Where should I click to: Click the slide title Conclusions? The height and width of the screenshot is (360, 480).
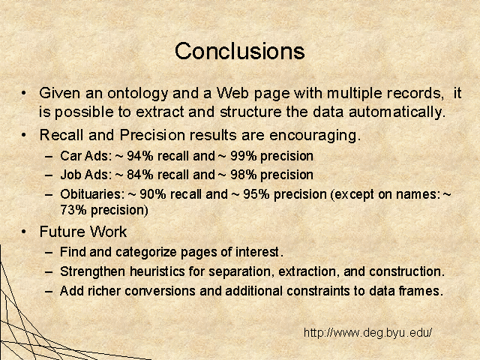[x=240, y=51]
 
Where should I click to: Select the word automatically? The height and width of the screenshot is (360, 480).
[x=397, y=112]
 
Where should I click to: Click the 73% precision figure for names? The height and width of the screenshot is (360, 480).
[x=73, y=210]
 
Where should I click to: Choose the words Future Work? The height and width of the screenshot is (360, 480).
[x=83, y=232]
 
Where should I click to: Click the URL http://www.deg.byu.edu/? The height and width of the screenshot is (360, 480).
[x=367, y=332]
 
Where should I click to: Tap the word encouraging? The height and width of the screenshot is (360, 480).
[x=315, y=136]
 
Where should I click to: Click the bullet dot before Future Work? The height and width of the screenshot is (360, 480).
[x=24, y=232]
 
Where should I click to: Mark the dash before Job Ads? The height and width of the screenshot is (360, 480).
[x=49, y=175]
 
